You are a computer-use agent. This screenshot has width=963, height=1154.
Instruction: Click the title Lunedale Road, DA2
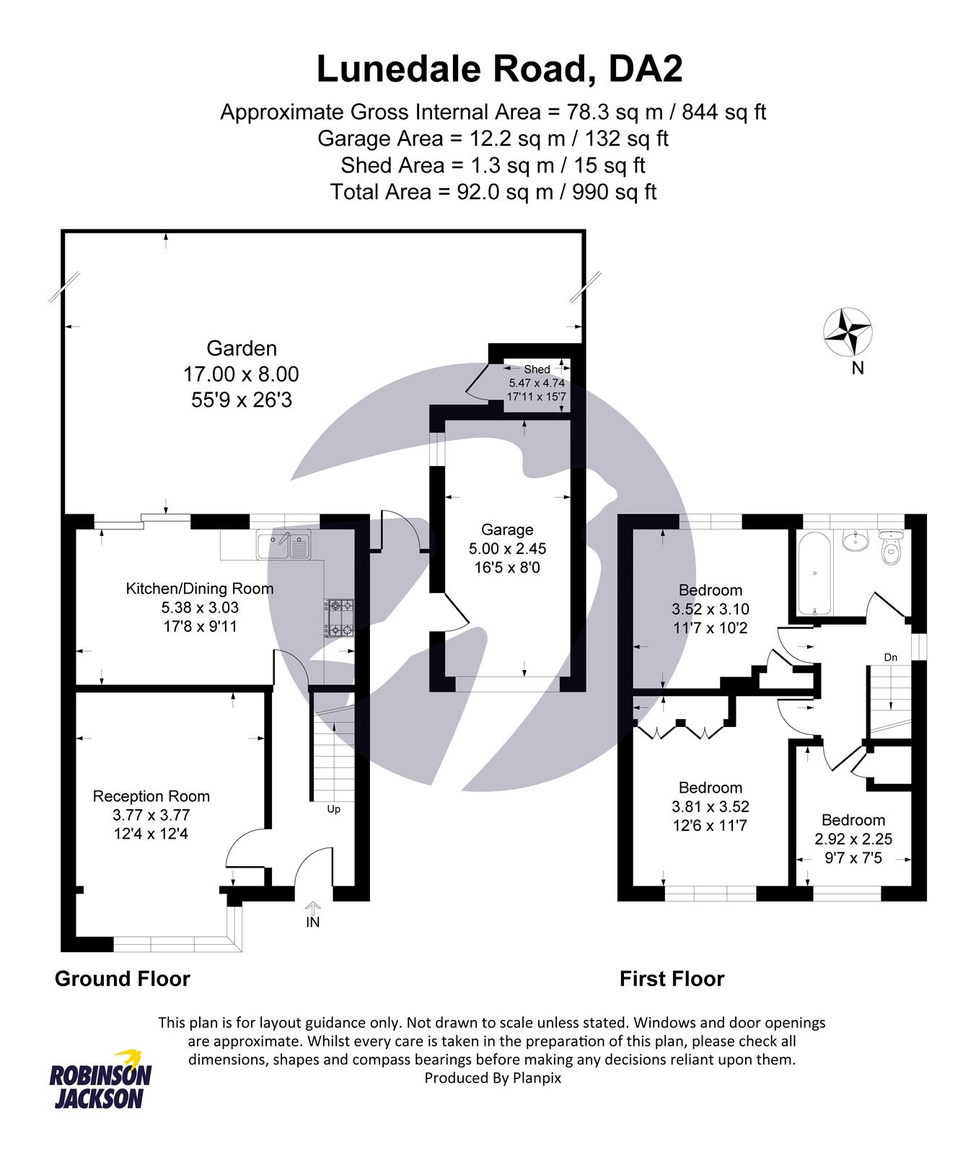coord(499,70)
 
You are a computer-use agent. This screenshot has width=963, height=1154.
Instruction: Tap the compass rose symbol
coord(848,331)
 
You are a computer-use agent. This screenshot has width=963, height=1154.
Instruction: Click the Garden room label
coord(242,348)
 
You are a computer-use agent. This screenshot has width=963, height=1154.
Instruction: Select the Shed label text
coord(537,369)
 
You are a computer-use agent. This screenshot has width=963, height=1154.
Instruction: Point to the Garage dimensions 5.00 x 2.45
coord(507,549)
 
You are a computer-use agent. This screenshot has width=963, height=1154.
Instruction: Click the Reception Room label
coord(151,796)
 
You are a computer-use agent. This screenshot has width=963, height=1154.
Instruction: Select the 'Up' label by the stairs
coord(333,809)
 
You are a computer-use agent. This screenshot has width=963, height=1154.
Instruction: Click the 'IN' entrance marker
coord(312,922)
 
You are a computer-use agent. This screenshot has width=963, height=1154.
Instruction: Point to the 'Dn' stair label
coord(891,657)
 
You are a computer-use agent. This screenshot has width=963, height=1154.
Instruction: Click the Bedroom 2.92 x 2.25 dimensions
coord(853,839)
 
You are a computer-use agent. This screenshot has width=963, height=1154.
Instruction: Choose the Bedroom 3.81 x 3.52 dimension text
coord(711,806)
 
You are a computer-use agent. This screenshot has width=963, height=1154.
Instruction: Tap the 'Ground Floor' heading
coord(123,979)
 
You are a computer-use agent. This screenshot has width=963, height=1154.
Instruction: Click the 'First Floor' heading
coord(672,979)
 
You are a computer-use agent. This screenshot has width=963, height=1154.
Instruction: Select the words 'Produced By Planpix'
coord(493,1078)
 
